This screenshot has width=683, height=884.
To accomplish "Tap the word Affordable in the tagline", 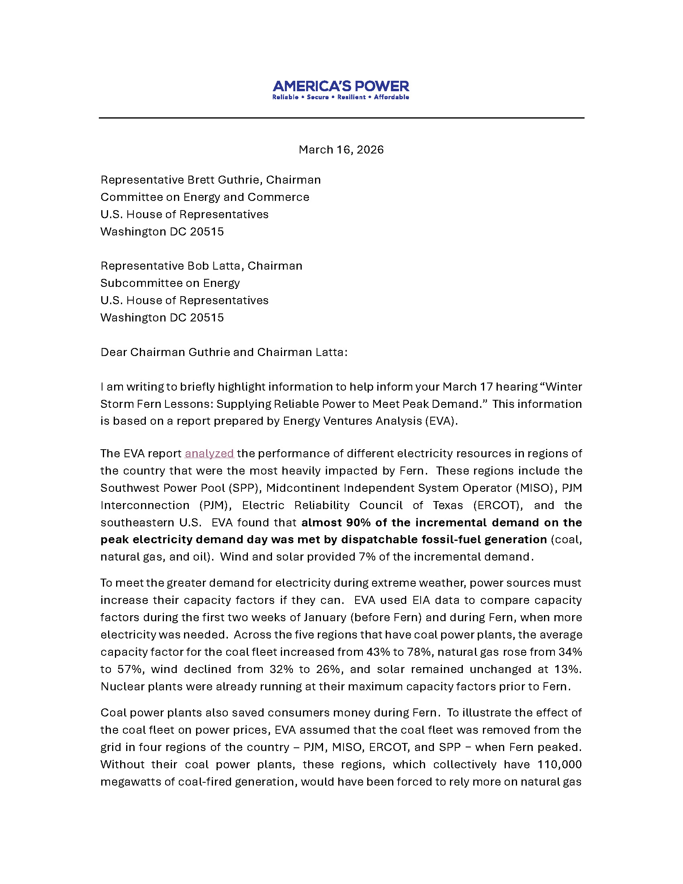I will [391, 97].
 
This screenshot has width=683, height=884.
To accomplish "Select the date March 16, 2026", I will [341, 150].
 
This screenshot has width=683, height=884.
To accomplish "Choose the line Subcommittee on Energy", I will [170, 283].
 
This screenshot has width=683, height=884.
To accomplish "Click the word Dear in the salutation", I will [114, 352].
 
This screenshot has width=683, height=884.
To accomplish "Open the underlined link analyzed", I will [209, 453].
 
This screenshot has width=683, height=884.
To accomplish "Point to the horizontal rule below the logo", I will [341, 118].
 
